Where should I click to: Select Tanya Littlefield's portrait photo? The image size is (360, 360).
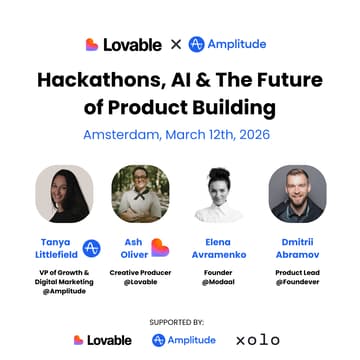click(x=64, y=193)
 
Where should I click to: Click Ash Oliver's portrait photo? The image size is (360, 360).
click(x=140, y=193)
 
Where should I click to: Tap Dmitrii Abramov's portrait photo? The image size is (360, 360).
click(x=297, y=193)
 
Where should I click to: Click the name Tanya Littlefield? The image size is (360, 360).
click(x=55, y=248)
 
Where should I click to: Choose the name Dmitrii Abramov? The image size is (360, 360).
click(x=297, y=247)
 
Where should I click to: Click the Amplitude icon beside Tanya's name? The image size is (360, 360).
click(x=91, y=248)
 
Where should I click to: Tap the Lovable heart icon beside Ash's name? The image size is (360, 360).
click(x=160, y=248)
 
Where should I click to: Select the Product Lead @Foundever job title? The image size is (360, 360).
click(x=297, y=279)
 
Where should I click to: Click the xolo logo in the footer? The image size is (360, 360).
click(x=258, y=340)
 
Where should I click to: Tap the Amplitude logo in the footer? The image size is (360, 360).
click(x=186, y=340)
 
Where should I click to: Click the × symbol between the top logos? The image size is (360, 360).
click(x=175, y=44)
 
